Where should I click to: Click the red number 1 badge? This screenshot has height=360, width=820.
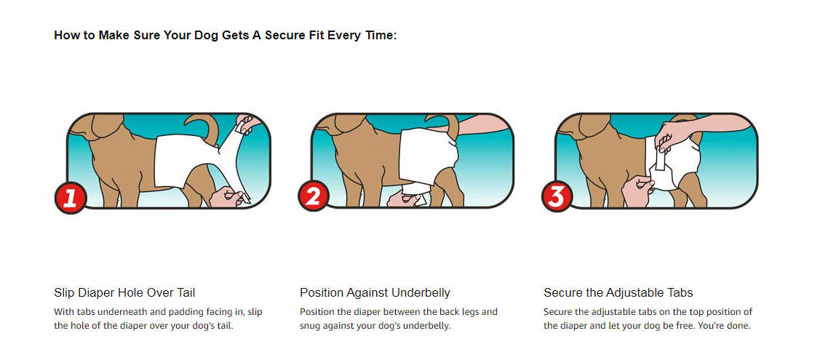tap(70, 199)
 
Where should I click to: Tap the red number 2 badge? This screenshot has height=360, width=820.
tap(314, 197)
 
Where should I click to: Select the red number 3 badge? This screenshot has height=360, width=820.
tap(557, 197)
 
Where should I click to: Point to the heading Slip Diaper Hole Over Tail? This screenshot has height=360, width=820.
tap(124, 292)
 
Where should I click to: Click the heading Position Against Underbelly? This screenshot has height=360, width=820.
tap(375, 292)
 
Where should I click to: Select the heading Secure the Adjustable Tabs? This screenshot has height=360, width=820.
tap(618, 292)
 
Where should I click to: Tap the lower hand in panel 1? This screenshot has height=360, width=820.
tap(227, 197)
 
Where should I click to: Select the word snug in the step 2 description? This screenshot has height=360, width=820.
tap(310, 326)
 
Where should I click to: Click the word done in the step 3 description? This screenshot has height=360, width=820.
tap(739, 326)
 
